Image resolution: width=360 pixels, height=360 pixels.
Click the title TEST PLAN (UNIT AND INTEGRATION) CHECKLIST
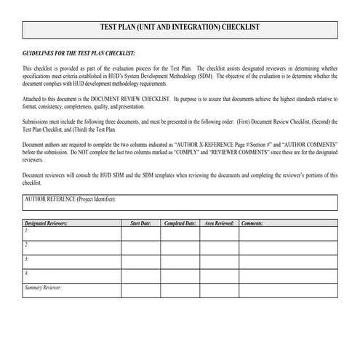tap(179, 29)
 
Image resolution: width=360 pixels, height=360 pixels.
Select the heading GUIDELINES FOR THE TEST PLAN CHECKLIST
tap(79, 53)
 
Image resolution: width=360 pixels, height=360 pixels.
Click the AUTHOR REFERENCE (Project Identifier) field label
tap(71, 199)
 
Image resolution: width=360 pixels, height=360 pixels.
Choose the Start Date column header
tap(140, 223)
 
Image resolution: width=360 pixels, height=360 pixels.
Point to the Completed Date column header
tap(180, 223)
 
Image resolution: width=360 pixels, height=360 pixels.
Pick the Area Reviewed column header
tap(219, 223)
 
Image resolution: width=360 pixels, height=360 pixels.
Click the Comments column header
tap(252, 223)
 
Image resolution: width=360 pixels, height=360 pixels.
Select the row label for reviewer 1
tap(27, 231)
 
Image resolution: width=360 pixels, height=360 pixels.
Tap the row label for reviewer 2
tap(27, 245)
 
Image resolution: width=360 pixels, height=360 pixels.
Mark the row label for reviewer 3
tap(27, 260)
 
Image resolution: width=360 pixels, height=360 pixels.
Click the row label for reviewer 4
tap(27, 273)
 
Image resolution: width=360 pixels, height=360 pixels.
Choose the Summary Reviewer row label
tap(43, 288)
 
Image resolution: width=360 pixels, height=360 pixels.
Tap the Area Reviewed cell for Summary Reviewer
tap(219, 291)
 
